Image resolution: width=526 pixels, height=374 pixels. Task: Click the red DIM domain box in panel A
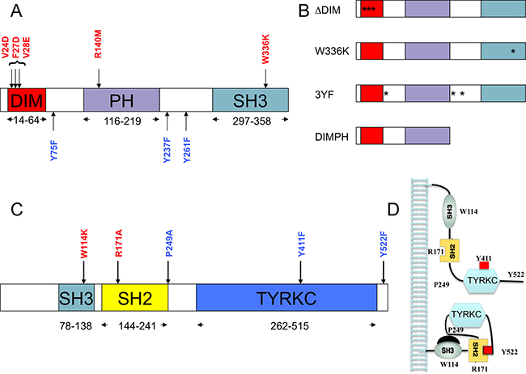[x=27, y=100]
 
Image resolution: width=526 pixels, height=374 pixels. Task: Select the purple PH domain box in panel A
[x=121, y=100]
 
